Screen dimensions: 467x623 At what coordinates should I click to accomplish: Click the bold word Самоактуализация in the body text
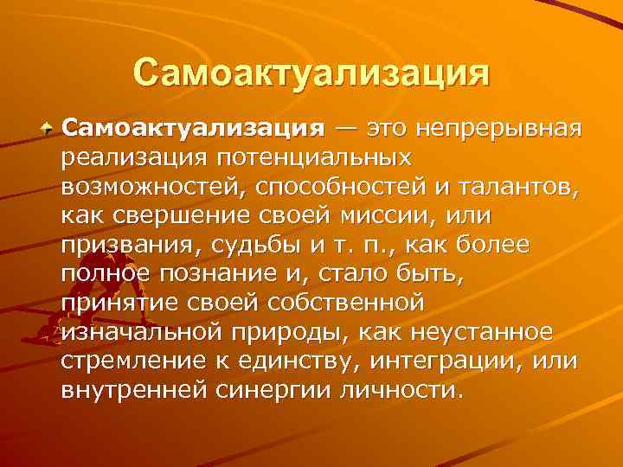click(x=193, y=130)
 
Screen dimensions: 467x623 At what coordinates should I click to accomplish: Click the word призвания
click(x=123, y=245)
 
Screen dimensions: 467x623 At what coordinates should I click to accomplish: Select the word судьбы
click(x=241, y=245)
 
